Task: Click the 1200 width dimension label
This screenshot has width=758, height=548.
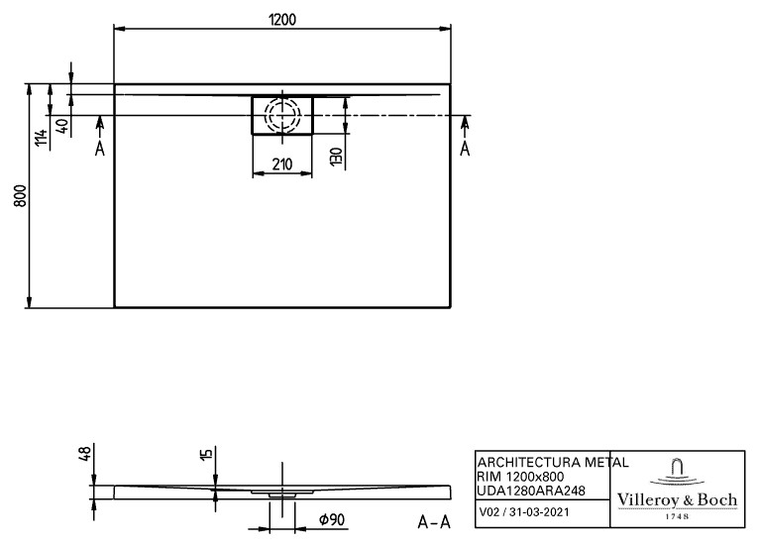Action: coord(281,20)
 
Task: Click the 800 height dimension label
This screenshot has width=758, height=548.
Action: coord(20,195)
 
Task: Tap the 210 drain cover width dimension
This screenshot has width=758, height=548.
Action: coord(281,164)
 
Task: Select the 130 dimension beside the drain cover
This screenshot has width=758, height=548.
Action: coord(336,157)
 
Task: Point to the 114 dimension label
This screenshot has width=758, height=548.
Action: coord(41,138)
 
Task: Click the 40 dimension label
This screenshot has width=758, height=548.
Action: coord(62,127)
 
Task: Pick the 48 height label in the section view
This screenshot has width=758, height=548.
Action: coord(84,454)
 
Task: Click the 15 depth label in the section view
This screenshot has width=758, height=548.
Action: coord(206,454)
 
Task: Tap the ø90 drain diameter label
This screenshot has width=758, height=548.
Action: coord(332,519)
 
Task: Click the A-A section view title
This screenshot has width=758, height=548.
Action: coord(434,522)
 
